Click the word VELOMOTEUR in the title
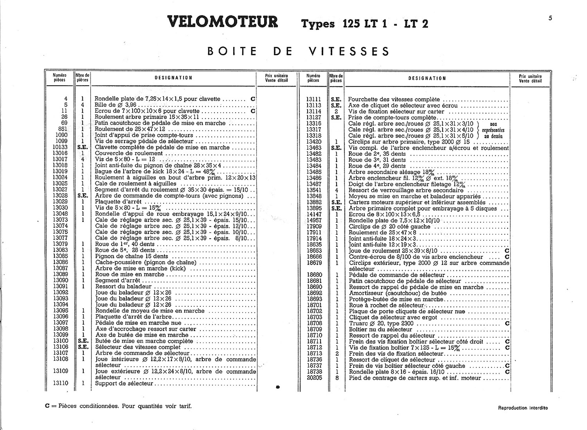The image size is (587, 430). click(x=222, y=22)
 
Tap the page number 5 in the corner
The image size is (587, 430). click(x=550, y=18)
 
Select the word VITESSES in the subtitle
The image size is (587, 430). click(x=349, y=51)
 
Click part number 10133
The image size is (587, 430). click(x=60, y=147)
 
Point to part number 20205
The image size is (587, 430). click(x=314, y=378)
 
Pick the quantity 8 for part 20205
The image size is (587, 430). click(x=337, y=378)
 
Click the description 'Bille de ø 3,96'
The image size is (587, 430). click(x=116, y=105)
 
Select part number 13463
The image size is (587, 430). click(x=314, y=148)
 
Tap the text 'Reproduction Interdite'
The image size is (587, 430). click(x=522, y=408)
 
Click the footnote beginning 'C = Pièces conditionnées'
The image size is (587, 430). click(x=118, y=406)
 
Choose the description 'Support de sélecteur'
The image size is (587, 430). click(x=124, y=383)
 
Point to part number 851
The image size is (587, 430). click(x=62, y=129)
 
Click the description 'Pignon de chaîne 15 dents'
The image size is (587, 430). click(x=132, y=256)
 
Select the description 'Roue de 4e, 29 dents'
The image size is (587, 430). click(x=377, y=166)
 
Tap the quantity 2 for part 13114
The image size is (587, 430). click(x=336, y=111)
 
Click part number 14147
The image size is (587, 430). click(x=314, y=214)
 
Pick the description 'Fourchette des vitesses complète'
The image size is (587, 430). click(x=394, y=99)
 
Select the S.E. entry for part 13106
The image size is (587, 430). click(x=83, y=347)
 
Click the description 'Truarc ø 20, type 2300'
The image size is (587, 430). click(x=381, y=323)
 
